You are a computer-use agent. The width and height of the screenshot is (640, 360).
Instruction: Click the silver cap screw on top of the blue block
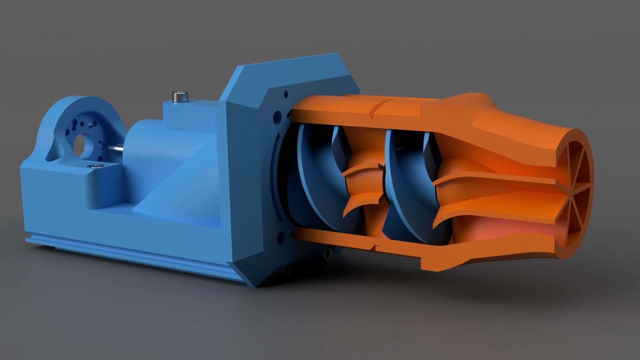click(179, 97)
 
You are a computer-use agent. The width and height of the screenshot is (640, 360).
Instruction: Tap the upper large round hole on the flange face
click(277, 117)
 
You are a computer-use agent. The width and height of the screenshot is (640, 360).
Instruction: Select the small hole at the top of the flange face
click(286, 94)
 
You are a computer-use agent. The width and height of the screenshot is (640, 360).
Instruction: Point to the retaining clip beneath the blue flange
click(327, 255)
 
